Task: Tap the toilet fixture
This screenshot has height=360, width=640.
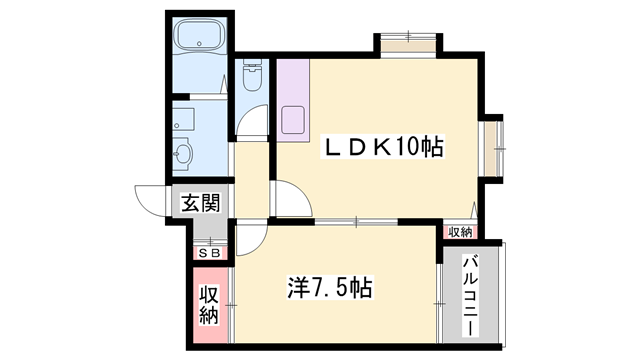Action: tap(251, 78)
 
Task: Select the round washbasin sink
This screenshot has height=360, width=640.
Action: tap(182, 153)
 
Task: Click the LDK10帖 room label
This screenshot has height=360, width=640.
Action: tap(381, 147)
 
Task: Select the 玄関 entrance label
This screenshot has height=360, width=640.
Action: tap(200, 203)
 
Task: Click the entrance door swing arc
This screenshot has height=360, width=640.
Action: tap(150, 200)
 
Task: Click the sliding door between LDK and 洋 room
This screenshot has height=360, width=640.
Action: tap(355, 221)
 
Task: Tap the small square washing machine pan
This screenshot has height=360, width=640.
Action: tap(182, 118)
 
